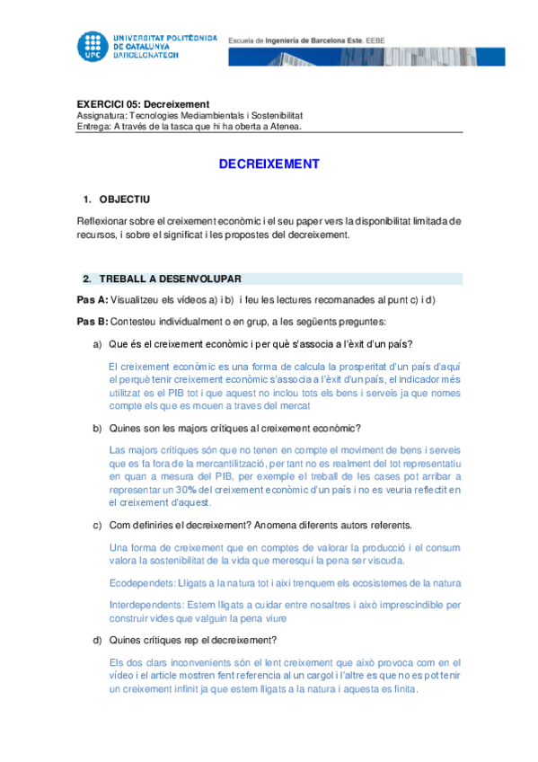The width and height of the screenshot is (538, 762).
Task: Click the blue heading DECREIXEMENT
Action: pos(269,164)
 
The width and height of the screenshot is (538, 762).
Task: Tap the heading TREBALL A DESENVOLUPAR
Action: pos(170,279)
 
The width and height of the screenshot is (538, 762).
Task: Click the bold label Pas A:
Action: pos(93,299)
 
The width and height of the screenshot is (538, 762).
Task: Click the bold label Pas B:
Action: pos(93,321)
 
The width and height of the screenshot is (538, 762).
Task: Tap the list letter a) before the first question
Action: pos(98,344)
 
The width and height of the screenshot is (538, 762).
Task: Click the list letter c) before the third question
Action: pos(98,525)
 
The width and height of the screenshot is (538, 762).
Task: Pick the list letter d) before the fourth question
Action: pos(98,640)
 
